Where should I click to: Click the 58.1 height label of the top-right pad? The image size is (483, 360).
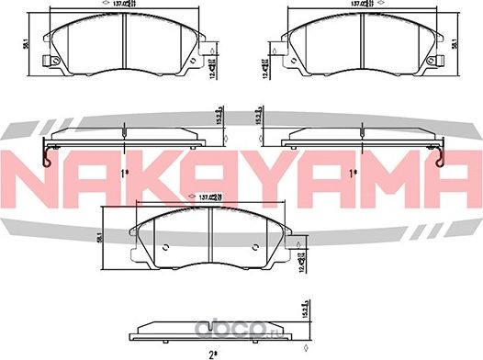click(476, 42)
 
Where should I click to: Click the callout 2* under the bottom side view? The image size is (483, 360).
click(211, 353)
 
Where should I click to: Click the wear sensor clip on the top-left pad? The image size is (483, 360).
click(51, 62)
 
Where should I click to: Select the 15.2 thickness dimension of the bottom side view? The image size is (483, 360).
click(304, 315)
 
